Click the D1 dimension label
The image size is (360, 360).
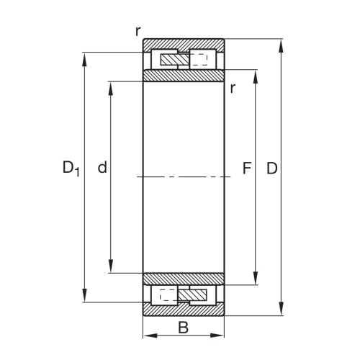tap(70, 169)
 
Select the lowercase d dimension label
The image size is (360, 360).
tap(102, 168)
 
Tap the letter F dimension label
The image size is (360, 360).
tap(246, 169)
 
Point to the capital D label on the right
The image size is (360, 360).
tap(271, 169)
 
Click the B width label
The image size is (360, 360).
tap(183, 328)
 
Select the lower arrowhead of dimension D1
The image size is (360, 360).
tap(86, 297)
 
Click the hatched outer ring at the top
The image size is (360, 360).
tap(184, 45)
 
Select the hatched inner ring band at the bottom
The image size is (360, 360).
tap(184, 279)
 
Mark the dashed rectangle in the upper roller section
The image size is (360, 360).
tap(202, 60)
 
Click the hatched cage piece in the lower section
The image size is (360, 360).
tap(192, 294)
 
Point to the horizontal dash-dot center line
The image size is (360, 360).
tap(184, 176)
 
